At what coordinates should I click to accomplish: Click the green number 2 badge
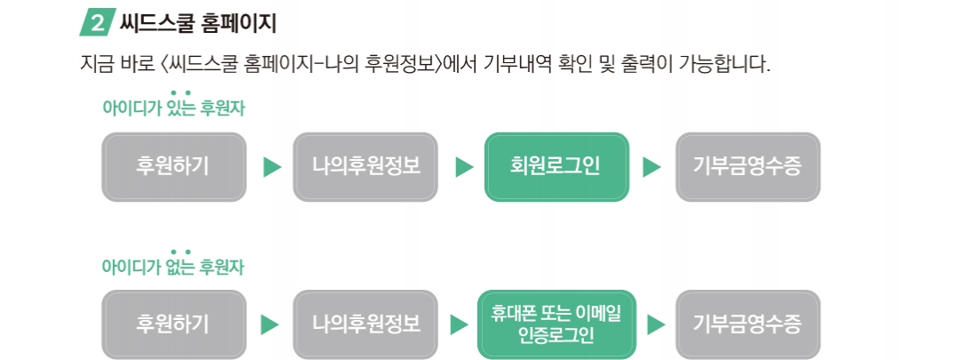point(98,22)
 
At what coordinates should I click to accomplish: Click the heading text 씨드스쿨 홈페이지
point(197,23)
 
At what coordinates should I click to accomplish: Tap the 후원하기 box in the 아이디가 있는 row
point(174,166)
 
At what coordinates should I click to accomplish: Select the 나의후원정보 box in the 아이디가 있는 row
point(365,166)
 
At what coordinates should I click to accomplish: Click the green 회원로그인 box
point(556,166)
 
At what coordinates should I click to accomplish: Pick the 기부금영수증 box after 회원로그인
point(748,166)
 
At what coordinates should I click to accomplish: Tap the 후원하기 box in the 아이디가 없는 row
point(174,324)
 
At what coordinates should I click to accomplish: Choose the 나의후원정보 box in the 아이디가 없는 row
point(365,324)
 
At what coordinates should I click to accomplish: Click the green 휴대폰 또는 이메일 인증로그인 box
point(556,324)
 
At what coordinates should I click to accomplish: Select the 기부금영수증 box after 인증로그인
point(748,324)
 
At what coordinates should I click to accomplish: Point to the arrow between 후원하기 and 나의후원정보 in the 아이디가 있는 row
point(272,167)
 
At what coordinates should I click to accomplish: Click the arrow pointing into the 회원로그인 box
point(464,167)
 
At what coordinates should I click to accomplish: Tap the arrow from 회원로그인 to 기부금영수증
point(652,167)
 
